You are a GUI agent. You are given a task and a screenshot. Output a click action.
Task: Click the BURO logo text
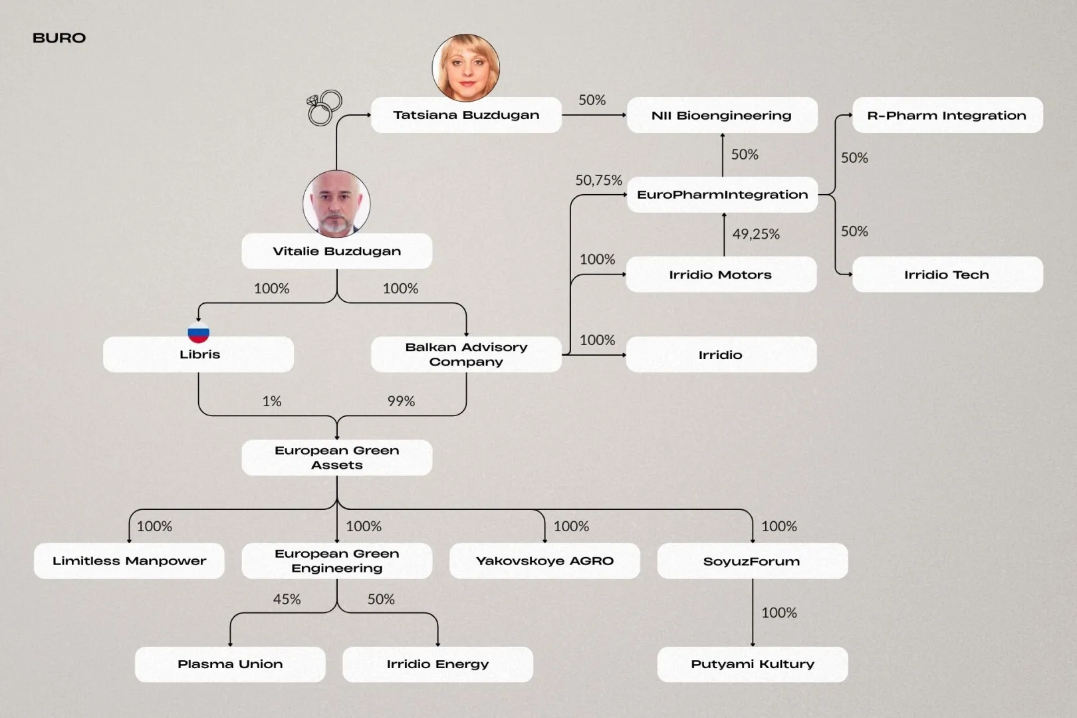coord(59,38)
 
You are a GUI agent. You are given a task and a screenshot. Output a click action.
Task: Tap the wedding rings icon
coord(324,108)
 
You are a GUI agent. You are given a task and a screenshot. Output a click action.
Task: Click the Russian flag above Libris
coord(199,332)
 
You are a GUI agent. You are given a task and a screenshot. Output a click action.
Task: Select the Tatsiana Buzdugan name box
coord(466,115)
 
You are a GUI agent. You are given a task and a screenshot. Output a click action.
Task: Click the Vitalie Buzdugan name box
coord(336,251)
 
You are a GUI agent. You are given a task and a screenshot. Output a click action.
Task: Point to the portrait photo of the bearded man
coord(336,203)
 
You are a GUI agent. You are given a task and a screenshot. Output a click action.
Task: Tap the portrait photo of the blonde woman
coord(465,68)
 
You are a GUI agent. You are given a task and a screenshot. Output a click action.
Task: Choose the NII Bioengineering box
coord(722,115)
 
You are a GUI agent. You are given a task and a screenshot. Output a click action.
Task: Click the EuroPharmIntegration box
coord(722,195)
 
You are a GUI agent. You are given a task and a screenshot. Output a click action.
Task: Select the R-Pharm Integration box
coord(947,115)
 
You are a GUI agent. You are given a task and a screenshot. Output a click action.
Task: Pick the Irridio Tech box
coord(947,275)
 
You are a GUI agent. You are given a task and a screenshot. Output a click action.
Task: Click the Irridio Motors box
coord(721,275)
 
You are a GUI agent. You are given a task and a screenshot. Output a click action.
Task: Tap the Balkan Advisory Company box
coord(466,354)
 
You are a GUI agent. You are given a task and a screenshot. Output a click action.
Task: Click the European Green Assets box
coord(336,457)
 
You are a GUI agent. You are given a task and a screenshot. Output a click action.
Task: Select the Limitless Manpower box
coord(129,561)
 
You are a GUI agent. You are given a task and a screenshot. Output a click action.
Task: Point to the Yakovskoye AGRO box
coord(544,561)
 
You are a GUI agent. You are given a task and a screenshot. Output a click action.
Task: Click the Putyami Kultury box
coord(753,664)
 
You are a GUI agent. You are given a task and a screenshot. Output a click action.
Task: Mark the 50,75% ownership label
coord(598,180)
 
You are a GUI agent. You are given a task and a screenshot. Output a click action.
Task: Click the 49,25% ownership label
coord(756,234)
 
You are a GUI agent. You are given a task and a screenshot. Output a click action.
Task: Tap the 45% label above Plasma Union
coord(287,599)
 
